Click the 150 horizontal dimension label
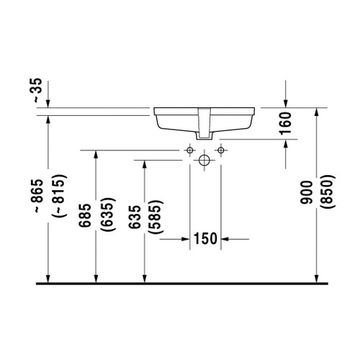point(205,238)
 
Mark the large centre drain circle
point(204,159)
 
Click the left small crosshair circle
point(189,150)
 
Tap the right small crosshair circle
point(220,150)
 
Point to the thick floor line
point(180,283)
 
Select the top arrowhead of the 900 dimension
point(318,112)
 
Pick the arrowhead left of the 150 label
point(185,238)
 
